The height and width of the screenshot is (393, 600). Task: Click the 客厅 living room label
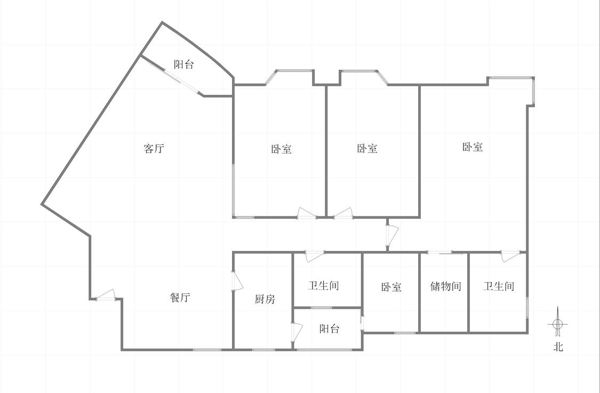point(154,148)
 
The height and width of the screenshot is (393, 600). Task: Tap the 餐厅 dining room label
point(180,298)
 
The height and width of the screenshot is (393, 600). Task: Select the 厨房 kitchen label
point(265,299)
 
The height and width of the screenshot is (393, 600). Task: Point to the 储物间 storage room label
point(445,286)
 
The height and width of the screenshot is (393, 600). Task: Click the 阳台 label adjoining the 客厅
point(183,65)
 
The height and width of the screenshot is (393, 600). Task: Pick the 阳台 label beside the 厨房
point(330,328)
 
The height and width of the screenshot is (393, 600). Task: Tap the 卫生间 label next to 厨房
point(324,285)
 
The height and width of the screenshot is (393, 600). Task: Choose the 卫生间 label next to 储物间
point(498,286)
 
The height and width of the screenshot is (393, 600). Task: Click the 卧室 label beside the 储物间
point(391,287)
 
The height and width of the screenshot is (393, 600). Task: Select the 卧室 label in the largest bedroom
point(473,147)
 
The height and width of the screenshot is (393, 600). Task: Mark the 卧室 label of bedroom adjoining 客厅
point(282,148)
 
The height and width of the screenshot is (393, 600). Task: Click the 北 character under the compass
point(558,347)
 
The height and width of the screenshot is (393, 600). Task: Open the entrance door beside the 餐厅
point(106,295)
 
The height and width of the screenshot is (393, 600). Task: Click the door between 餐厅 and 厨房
point(238,280)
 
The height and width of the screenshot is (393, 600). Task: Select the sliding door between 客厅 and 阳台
point(181,81)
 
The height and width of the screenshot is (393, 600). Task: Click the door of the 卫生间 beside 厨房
point(315,256)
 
